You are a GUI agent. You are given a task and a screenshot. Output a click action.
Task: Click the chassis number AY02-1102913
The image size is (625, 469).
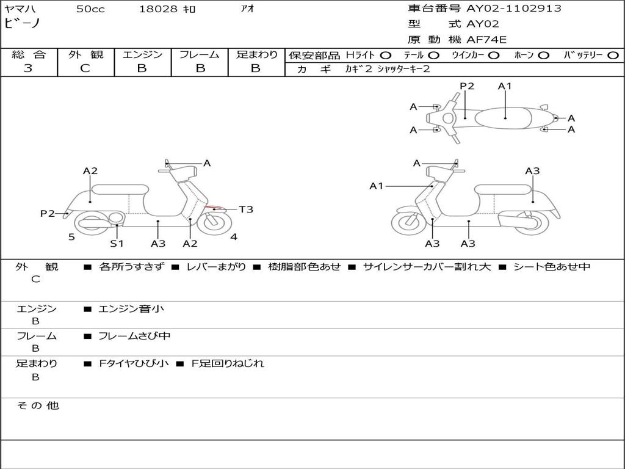tap(514, 9)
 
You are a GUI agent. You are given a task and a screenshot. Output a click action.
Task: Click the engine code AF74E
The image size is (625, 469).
tap(486, 40)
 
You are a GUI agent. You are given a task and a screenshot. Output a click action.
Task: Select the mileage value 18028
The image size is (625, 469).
tap(158, 9)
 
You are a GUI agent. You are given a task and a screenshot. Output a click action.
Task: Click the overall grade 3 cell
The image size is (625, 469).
tap(28, 68)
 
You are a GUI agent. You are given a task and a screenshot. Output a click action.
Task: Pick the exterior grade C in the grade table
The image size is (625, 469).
tap(85, 68)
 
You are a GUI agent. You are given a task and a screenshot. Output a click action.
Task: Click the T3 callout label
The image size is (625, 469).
tap(246, 209)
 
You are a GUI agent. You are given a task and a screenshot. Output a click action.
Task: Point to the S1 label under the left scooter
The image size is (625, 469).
tap(117, 243)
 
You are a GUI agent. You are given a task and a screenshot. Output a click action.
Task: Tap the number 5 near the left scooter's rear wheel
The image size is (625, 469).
tap(71, 237)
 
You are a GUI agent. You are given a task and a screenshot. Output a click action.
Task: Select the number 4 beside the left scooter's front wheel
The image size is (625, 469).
tap(234, 237)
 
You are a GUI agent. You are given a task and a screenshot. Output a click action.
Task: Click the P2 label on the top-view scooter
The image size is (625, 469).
tap(467, 86)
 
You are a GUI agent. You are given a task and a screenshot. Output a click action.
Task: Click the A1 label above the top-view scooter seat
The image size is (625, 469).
tap(505, 86)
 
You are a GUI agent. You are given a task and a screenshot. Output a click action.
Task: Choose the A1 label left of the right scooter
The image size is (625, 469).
tap(377, 186)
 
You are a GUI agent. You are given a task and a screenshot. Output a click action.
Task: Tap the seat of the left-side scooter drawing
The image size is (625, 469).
tap(120, 189)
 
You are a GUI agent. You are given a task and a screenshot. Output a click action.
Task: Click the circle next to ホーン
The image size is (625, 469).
tap(544, 55)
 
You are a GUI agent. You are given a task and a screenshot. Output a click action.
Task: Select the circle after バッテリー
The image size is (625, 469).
tap(613, 55)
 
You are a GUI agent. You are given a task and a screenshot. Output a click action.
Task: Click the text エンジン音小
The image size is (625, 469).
tap(131, 309)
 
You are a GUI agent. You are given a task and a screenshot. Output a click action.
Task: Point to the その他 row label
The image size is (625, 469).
tap(37, 405)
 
